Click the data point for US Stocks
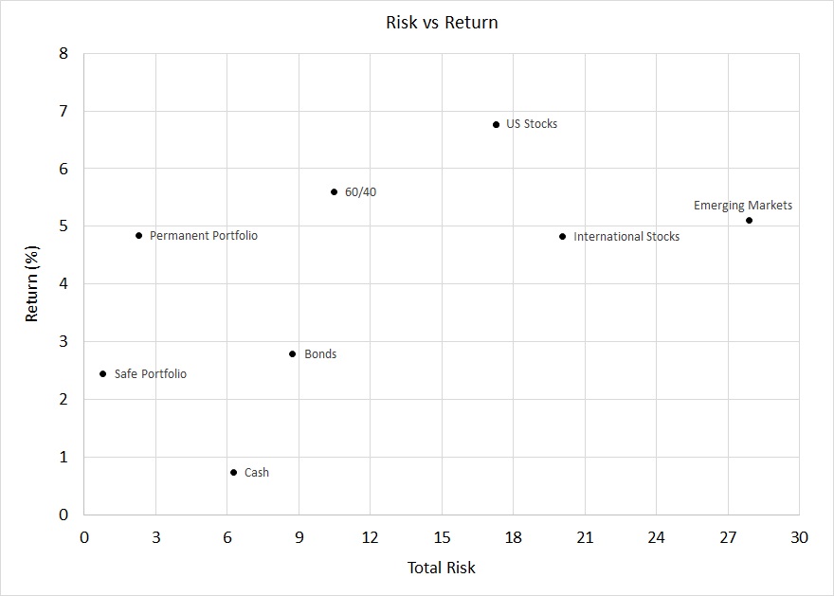pos(496,124)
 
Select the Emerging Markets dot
pos(749,220)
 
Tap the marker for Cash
pos(233,472)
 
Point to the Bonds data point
pos(292,354)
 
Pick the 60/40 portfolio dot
pos(334,191)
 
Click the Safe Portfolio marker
pos(102,373)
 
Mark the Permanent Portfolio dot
pos(138,235)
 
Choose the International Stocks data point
pos(562,236)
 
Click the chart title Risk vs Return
pos(442,23)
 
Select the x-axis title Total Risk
pos(442,569)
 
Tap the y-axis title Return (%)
pos(32,284)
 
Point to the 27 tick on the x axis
pos(727,537)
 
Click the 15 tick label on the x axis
pos(442,537)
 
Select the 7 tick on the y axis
pos(63,112)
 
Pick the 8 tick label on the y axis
pos(63,54)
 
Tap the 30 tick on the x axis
pos(799,537)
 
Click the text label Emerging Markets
pos(743,205)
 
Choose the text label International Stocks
pos(626,236)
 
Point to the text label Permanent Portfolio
pos(204,235)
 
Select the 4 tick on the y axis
pos(63,284)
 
